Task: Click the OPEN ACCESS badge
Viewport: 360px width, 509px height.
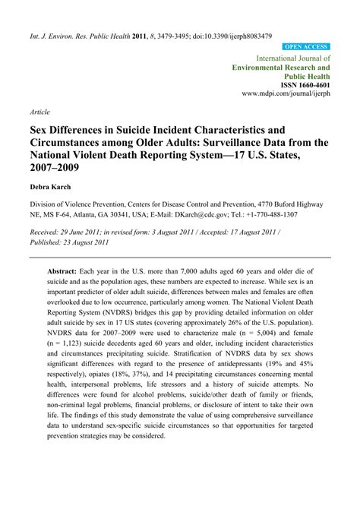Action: tap(306, 46)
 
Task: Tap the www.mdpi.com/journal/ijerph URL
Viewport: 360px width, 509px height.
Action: tap(286, 96)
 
